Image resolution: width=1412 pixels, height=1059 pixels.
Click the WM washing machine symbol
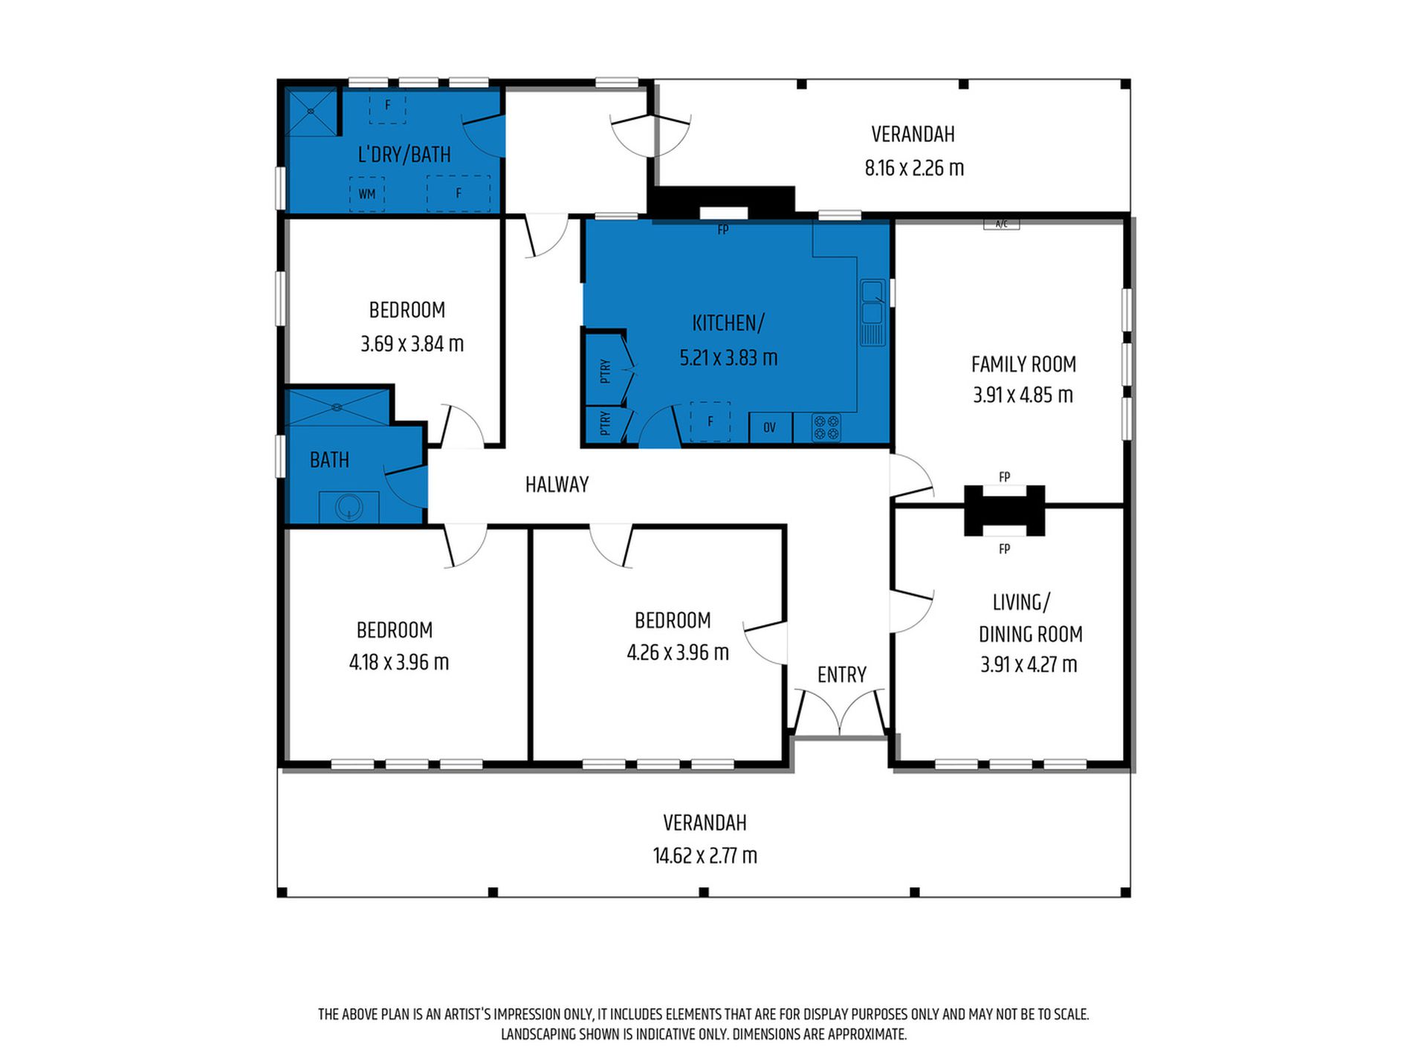pos(367,194)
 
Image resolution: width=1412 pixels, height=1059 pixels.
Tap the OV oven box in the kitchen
pos(770,427)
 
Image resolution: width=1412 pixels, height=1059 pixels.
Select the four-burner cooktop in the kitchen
pos(826,427)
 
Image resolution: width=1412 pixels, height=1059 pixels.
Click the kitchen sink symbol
pos(873,312)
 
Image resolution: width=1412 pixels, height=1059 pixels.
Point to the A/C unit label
pos(1001,224)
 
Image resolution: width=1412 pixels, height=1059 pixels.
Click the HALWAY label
pos(557,485)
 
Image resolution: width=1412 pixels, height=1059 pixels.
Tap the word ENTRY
pos(842,675)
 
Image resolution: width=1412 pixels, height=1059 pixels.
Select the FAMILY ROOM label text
pos(1023,364)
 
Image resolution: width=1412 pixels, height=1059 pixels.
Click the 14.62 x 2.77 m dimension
pos(705,855)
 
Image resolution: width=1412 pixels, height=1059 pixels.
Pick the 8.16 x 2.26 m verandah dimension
pos(914,168)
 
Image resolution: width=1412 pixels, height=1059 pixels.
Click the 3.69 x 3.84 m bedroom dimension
pos(412,344)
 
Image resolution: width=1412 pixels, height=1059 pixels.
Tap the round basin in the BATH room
pos(348,508)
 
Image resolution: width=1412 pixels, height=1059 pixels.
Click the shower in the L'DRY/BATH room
pos(311,112)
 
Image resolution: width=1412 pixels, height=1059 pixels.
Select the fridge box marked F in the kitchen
pos(710,421)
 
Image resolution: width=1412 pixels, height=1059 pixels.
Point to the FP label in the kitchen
pos(723,230)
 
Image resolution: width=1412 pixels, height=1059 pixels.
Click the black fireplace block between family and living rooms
pos(1004,511)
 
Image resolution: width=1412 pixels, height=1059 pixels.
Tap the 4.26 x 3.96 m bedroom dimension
pos(678,652)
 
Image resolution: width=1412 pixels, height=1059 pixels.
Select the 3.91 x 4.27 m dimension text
pos(1029,664)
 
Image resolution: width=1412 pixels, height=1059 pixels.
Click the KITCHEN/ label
pos(728,323)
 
